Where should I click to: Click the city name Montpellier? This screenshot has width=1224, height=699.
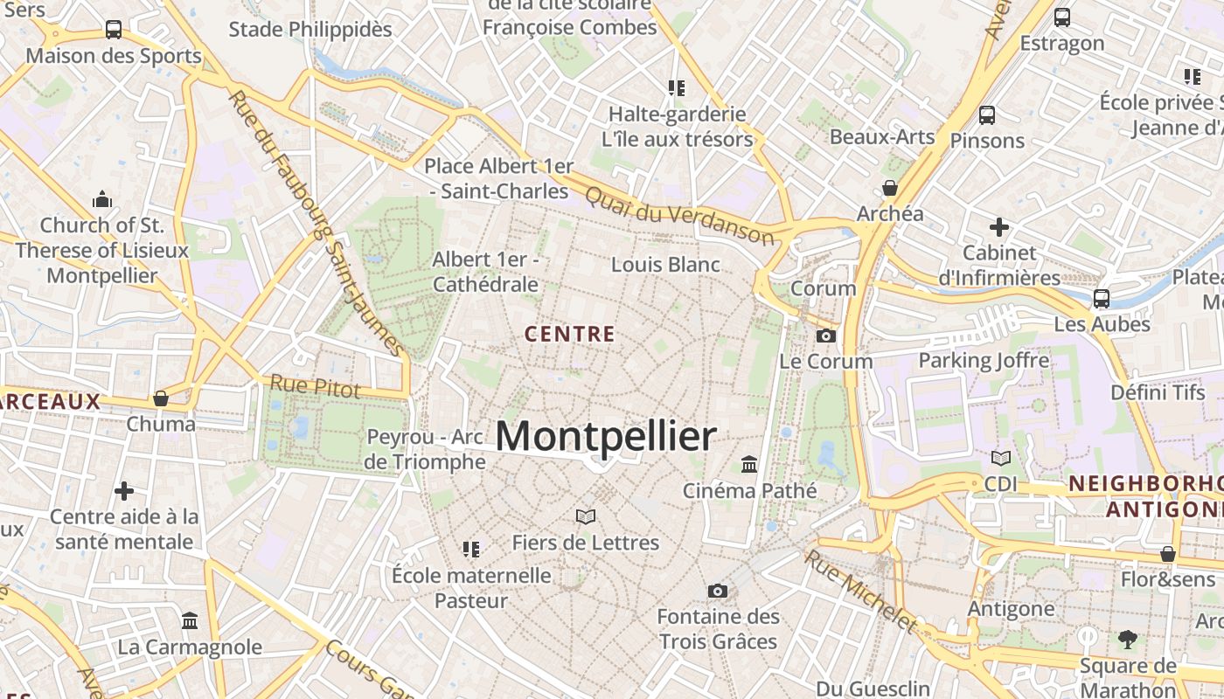[606, 436]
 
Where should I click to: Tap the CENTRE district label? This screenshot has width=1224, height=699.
[570, 334]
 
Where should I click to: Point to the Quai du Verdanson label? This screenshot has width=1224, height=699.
[679, 215]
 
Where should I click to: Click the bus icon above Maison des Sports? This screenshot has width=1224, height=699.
[114, 29]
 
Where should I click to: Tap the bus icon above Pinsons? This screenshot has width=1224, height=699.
[987, 114]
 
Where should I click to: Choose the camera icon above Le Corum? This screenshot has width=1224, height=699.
[825, 336]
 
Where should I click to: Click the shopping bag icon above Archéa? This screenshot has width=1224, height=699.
[890, 188]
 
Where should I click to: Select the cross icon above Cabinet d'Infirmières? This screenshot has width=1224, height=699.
[998, 227]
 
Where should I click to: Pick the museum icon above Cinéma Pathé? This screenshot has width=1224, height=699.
[749, 464]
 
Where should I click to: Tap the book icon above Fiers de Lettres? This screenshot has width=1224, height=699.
[585, 516]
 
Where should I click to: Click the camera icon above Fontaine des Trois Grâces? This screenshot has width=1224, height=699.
[718, 591]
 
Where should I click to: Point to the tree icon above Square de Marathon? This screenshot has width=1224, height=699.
[1127, 640]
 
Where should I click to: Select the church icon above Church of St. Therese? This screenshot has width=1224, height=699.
[102, 199]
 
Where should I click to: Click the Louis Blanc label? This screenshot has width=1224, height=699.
[665, 265]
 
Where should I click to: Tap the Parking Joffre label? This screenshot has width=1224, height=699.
[984, 360]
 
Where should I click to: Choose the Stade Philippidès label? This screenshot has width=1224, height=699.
[310, 29]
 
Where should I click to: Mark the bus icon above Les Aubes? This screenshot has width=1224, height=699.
[1102, 298]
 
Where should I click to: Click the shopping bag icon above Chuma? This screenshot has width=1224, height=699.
[161, 398]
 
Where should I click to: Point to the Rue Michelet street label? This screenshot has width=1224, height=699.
[860, 591]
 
